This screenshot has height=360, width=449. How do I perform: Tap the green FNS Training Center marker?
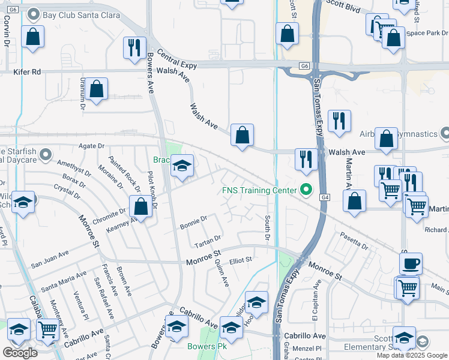(x=306, y=191)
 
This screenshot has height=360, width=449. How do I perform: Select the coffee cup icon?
(x=411, y=263)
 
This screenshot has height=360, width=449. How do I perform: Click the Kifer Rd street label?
(x=27, y=71)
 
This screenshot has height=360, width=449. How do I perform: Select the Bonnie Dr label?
(x=193, y=222)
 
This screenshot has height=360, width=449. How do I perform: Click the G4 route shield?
(x=325, y=197)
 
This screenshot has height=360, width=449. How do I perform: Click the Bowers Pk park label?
(x=205, y=347)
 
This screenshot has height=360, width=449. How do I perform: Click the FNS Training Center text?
(x=259, y=191)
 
